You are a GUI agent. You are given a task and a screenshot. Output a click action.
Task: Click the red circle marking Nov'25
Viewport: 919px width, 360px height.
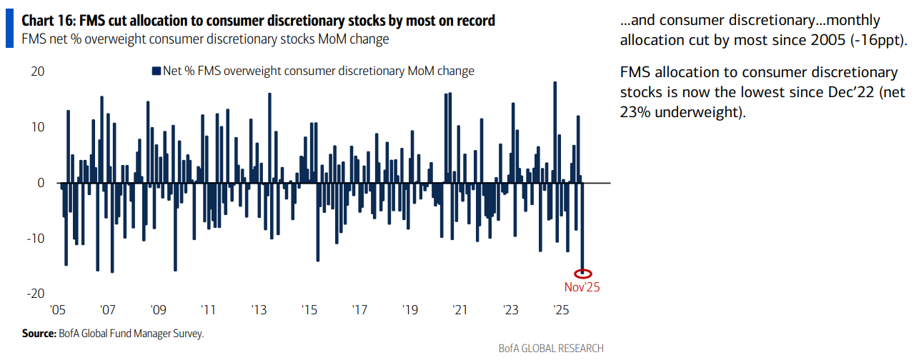point(583,273)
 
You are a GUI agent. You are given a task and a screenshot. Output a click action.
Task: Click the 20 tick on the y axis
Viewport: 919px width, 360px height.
point(37,71)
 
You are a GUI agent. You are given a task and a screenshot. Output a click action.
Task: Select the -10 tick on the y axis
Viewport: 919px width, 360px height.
point(35,239)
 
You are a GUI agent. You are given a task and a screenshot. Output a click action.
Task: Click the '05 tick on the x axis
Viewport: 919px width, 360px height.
point(58,311)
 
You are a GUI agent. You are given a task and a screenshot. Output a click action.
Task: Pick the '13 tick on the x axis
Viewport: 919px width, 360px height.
point(259,311)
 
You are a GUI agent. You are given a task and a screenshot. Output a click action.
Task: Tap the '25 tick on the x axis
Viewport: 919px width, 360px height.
point(561,311)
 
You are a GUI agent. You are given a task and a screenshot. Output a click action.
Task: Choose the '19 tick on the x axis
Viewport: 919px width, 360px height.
point(409,311)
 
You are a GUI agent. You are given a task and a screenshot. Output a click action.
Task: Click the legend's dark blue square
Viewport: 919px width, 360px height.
point(156,71)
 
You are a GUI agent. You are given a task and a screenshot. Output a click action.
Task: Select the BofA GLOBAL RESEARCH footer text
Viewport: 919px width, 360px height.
point(551,349)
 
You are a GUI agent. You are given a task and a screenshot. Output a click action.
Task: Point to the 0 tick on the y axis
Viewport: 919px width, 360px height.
point(41,183)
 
